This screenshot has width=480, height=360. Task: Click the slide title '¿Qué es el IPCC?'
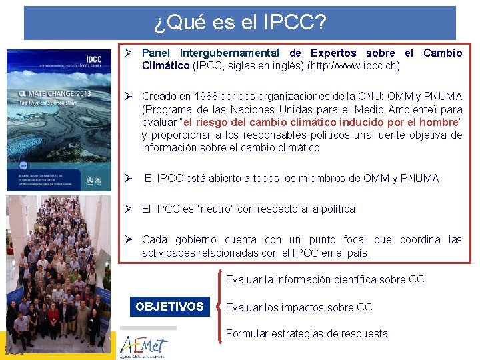click(x=240, y=23)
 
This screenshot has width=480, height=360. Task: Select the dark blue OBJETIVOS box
click(x=169, y=307)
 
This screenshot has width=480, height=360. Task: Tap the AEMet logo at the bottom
click(x=143, y=346)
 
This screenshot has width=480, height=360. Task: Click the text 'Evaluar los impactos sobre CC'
click(x=299, y=307)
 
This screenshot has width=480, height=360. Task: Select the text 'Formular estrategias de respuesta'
click(x=307, y=333)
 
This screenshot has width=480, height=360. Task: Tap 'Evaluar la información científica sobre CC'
click(x=325, y=279)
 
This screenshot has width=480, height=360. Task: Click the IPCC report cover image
click(x=59, y=119)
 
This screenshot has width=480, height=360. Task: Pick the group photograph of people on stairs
click(x=59, y=267)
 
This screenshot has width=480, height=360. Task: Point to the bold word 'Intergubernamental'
click(x=229, y=53)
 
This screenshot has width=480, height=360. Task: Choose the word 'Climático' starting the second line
click(x=165, y=66)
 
